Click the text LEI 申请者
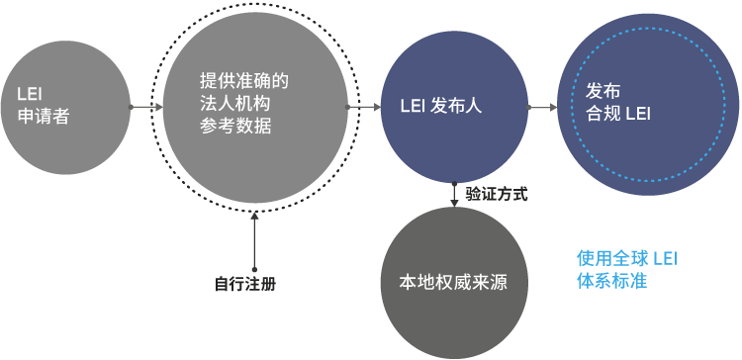click(x=44, y=105)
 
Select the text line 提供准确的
click(x=243, y=81)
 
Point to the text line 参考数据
click(x=234, y=126)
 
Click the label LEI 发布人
click(x=441, y=107)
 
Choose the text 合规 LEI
click(x=618, y=114)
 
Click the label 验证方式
click(x=496, y=194)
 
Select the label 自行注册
click(x=245, y=284)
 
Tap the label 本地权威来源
click(x=453, y=283)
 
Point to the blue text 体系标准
click(x=611, y=282)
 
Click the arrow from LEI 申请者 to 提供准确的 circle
click(x=146, y=108)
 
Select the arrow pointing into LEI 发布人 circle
click(x=364, y=108)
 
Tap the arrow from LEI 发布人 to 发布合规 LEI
click(x=542, y=108)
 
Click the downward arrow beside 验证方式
click(x=454, y=195)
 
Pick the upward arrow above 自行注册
click(x=254, y=240)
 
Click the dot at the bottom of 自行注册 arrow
click(x=254, y=269)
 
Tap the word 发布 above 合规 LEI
click(x=603, y=92)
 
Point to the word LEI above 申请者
click(x=30, y=94)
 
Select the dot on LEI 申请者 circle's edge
click(x=131, y=108)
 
